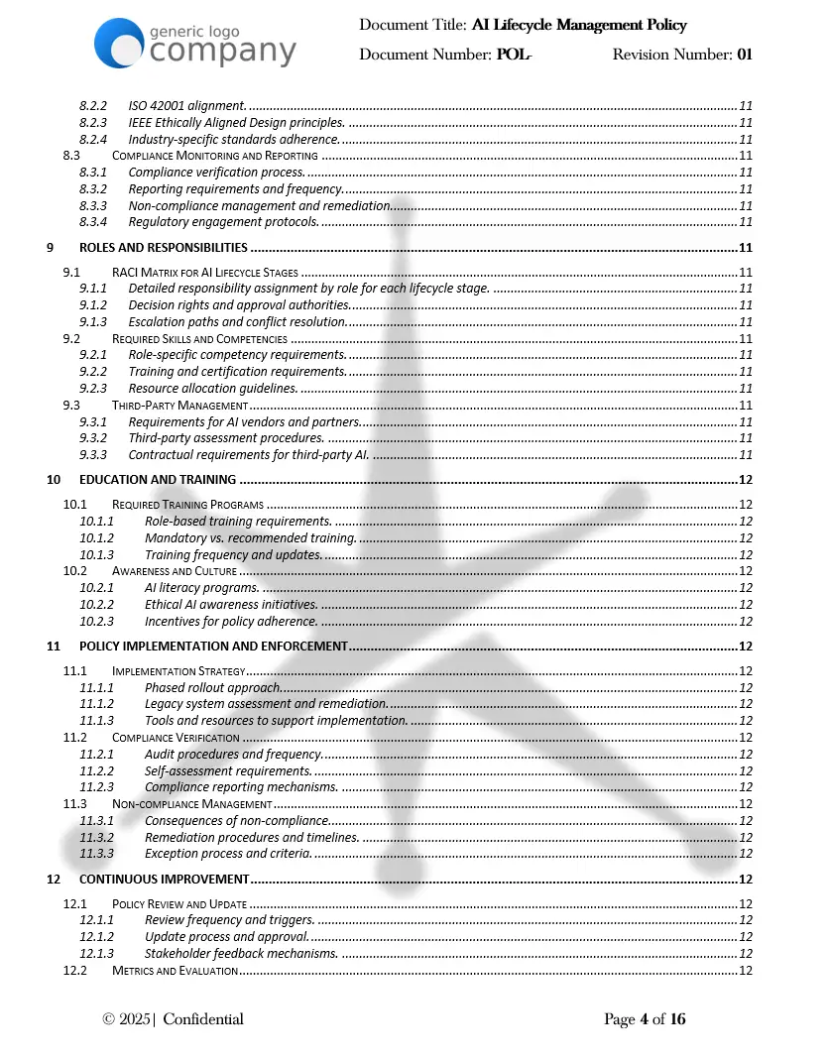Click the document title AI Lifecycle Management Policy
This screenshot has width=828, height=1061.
pyautogui.click(x=579, y=25)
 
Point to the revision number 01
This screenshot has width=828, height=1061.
pyautogui.click(x=744, y=54)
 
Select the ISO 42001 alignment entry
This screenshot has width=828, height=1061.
pyautogui.click(x=186, y=106)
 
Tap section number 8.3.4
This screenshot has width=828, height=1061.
pyautogui.click(x=92, y=222)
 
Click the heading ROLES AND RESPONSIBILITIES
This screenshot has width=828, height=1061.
pyautogui.click(x=163, y=248)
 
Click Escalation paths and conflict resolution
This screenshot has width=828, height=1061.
pyautogui.click(x=237, y=321)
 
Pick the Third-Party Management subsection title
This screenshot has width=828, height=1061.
pyautogui.click(x=179, y=405)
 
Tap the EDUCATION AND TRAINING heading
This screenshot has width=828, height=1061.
pyautogui.click(x=158, y=480)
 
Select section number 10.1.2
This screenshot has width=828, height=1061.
pyautogui.click(x=97, y=537)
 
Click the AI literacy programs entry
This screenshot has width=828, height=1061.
pyautogui.click(x=201, y=588)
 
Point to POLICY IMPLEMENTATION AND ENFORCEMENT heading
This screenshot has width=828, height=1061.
pyautogui.click(x=213, y=647)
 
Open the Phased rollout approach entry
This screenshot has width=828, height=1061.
pyautogui.click(x=212, y=687)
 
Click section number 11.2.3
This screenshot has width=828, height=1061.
pyautogui.click(x=97, y=787)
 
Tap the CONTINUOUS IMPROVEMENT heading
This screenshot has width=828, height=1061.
pyautogui.click(x=164, y=880)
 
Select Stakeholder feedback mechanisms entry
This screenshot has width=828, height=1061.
pyautogui.click(x=241, y=953)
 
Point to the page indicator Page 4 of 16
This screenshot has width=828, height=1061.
pyautogui.click(x=645, y=1019)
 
